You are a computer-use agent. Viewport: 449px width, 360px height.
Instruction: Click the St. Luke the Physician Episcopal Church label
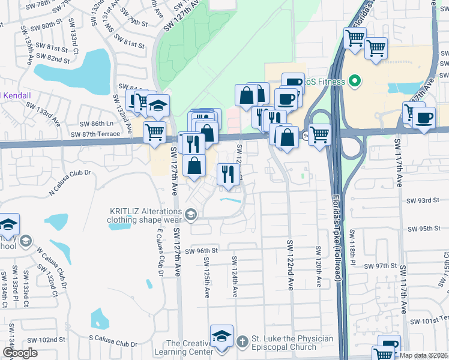[x=291, y=343]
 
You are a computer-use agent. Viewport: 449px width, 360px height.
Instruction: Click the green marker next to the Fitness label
[x=354, y=81]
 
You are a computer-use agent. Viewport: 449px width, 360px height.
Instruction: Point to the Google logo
[x=20, y=353]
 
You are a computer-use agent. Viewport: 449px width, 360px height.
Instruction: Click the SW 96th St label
[x=200, y=251]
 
